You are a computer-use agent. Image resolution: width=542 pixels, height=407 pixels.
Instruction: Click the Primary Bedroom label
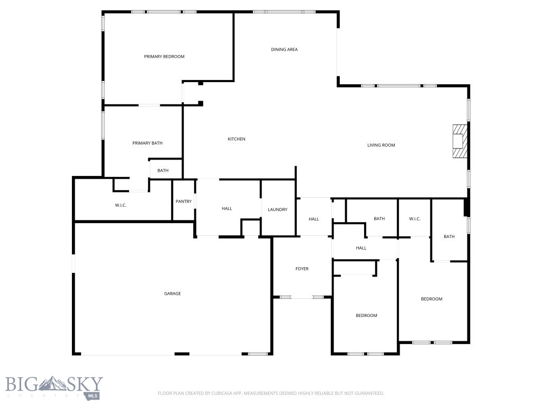[164, 56]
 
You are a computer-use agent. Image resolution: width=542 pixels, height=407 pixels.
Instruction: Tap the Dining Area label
[284, 49]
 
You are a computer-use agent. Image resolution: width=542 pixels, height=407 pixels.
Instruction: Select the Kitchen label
[237, 139]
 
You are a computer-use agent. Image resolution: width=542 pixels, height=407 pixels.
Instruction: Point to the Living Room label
[381, 145]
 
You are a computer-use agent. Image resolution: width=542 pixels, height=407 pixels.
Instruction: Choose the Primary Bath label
[147, 143]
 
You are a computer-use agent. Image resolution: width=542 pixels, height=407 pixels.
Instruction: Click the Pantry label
[183, 201]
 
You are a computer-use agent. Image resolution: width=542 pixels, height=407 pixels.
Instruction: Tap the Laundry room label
[277, 209]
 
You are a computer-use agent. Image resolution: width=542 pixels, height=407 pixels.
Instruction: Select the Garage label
[172, 294]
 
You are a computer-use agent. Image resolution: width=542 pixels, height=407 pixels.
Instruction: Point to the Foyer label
[302, 269]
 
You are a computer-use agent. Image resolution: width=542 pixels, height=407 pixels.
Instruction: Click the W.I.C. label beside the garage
[121, 205]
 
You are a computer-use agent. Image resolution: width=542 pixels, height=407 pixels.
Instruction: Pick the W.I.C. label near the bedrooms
[414, 218]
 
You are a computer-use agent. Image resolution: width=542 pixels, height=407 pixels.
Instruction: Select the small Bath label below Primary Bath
[162, 171]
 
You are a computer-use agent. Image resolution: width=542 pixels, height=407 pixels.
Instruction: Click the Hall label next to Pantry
[227, 209]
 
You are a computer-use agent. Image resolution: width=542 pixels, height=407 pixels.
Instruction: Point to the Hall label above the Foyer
[314, 219]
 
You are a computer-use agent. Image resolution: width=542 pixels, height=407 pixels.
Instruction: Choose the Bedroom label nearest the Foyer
[366, 315]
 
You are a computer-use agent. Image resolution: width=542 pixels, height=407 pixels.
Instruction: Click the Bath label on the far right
[449, 236]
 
